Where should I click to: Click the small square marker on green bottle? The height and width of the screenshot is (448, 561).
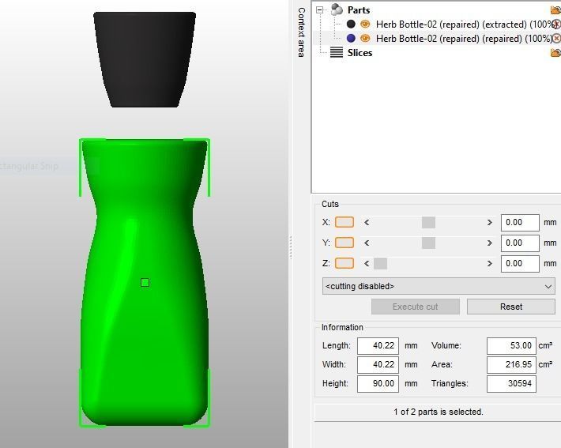[145, 283]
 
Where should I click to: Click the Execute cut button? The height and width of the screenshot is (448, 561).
[415, 307]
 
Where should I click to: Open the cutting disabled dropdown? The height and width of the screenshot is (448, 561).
[439, 286]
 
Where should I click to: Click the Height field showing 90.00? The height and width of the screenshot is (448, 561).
[377, 384]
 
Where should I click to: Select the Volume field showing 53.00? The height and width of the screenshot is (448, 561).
[511, 346]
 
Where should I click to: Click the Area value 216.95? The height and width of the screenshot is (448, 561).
[511, 365]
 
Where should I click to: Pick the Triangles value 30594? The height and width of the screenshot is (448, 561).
[511, 384]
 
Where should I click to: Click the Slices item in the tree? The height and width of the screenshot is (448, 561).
[359, 53]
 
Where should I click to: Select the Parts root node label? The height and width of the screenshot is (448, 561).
[358, 10]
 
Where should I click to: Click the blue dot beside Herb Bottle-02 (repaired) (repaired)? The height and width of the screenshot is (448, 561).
[351, 38]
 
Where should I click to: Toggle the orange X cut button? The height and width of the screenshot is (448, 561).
[345, 223]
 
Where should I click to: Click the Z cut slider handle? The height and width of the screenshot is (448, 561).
[380, 264]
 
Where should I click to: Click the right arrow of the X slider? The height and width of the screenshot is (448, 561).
[490, 223]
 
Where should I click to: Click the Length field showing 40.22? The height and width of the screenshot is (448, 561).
[377, 346]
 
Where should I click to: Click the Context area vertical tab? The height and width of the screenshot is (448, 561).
[301, 32]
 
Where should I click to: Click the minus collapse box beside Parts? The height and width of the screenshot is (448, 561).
[320, 10]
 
